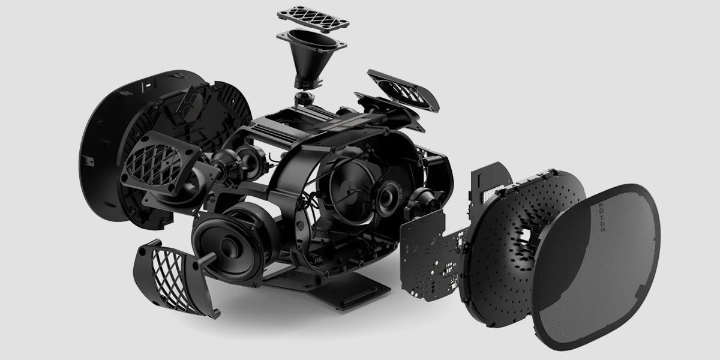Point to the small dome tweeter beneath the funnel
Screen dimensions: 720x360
pyautogui.click(x=303, y=98)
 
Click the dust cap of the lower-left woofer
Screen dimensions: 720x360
pyautogui.click(x=231, y=248)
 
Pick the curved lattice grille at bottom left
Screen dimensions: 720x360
pyautogui.click(x=175, y=280)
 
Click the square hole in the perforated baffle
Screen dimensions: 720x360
pyautogui.click(x=525, y=237)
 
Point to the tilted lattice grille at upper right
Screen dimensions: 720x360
pyautogui.click(x=403, y=90)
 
